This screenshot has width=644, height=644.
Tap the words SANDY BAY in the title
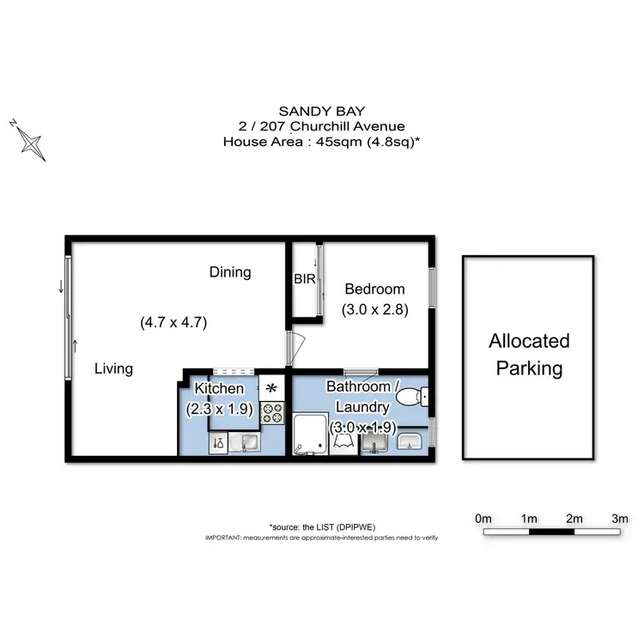pos(321,111)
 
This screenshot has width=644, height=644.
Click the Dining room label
pos(230,272)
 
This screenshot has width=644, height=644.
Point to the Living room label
pos(113,369)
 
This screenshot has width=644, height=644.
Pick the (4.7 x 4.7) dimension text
pos(173,323)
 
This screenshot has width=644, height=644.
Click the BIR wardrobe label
pos(304,279)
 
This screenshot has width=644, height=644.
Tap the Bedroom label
pos(374,289)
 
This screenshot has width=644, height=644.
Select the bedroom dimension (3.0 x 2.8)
pos(374,309)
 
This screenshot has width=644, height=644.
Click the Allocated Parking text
pos(529,355)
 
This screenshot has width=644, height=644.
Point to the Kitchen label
pos(220,389)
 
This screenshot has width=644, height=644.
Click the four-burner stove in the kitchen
pos(272,413)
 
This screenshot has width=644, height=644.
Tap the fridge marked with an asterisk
pos(271,388)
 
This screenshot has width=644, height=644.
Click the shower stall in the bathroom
pos(310,434)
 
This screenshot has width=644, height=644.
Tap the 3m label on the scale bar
pos(619,519)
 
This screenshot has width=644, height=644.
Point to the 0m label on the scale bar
pos(483,519)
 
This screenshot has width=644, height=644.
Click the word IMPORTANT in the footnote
pos(222,537)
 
